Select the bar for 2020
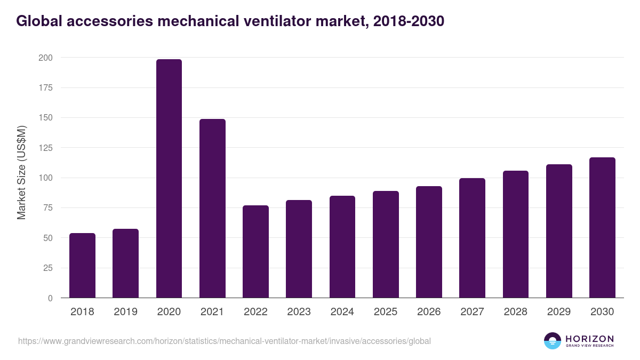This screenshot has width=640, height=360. coord(169,179)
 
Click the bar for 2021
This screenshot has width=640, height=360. coord(212,209)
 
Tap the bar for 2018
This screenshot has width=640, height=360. coord(82,266)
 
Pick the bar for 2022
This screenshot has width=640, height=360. coord(255,252)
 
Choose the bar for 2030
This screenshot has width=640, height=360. coord(602,228)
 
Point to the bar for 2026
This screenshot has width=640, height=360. coord(429,242)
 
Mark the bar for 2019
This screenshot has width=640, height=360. coord(125,263)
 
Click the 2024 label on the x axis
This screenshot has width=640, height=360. coord(342,312)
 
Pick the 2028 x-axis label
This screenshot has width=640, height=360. coord(515,312)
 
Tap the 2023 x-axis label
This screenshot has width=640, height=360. coord(299,312)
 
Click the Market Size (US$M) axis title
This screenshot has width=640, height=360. coord(21,172)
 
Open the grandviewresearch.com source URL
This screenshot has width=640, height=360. coord(224,341)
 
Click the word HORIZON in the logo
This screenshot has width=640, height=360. coord(589,339)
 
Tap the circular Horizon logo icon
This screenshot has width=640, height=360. coord(553,341)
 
